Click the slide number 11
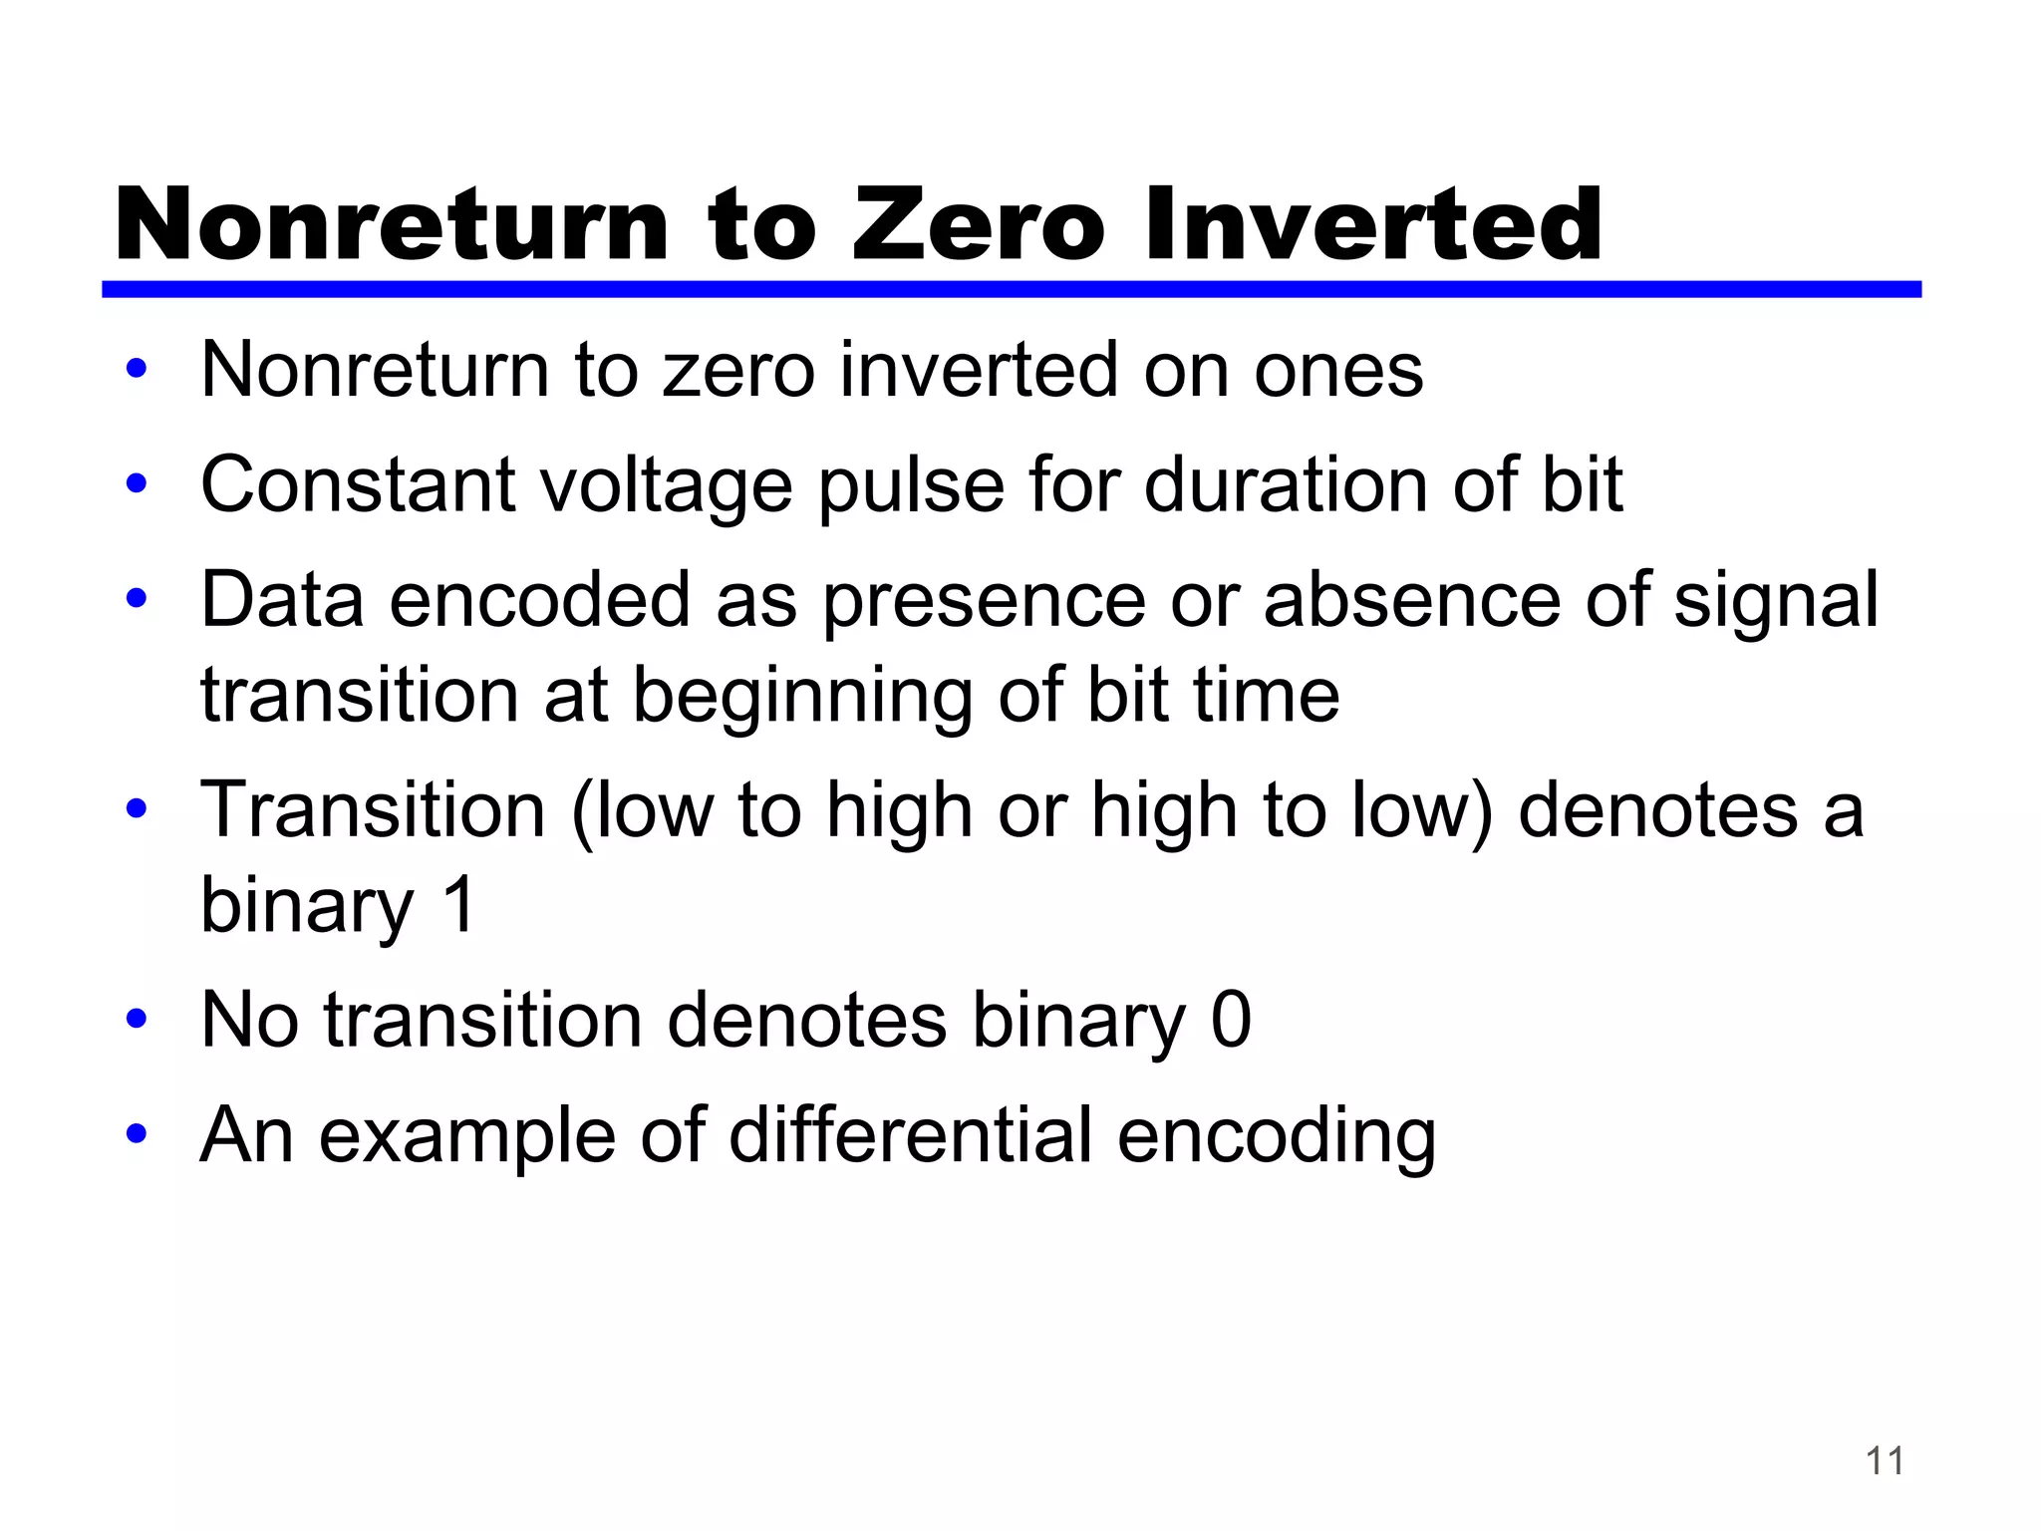pyautogui.click(x=1884, y=1461)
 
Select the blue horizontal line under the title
pyautogui.click(x=1011, y=289)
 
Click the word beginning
pyautogui.click(x=801, y=696)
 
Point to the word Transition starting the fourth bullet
pyautogui.click(x=373, y=809)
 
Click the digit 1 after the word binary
pyautogui.click(x=459, y=905)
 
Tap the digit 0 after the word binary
pyautogui.click(x=1231, y=1020)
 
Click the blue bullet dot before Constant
pyautogui.click(x=137, y=485)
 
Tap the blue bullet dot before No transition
pyautogui.click(x=137, y=1020)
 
